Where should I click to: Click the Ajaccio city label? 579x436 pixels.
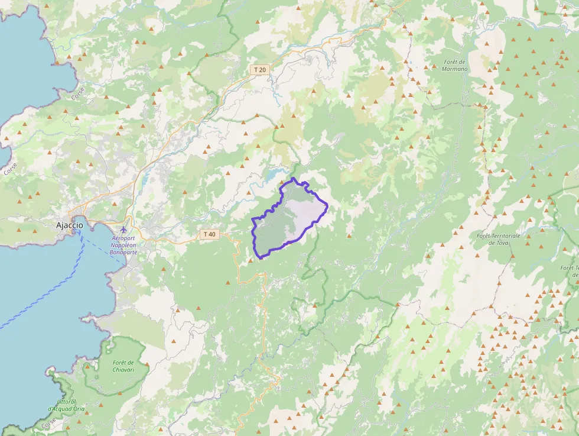point(69,225)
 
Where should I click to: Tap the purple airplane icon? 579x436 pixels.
point(123,230)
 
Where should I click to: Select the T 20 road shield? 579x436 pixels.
point(260,70)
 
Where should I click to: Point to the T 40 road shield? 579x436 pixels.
point(209,234)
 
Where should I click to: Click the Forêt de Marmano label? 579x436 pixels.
point(454,65)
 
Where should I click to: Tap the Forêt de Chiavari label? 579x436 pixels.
point(123,366)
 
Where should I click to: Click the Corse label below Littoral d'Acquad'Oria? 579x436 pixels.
point(50,424)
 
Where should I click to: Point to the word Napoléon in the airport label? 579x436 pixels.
point(123,245)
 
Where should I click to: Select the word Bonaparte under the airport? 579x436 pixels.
point(123,252)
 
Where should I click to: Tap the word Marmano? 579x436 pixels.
point(454,69)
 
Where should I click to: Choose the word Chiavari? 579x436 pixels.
point(123,369)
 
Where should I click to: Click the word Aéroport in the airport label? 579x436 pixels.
point(123,238)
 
